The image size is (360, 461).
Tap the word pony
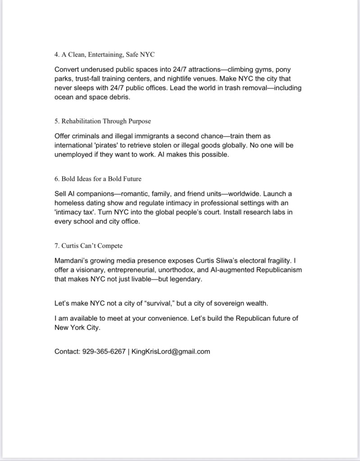[x=284, y=70]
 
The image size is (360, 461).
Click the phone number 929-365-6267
[x=104, y=352]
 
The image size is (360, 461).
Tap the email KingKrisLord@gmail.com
[x=171, y=352]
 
